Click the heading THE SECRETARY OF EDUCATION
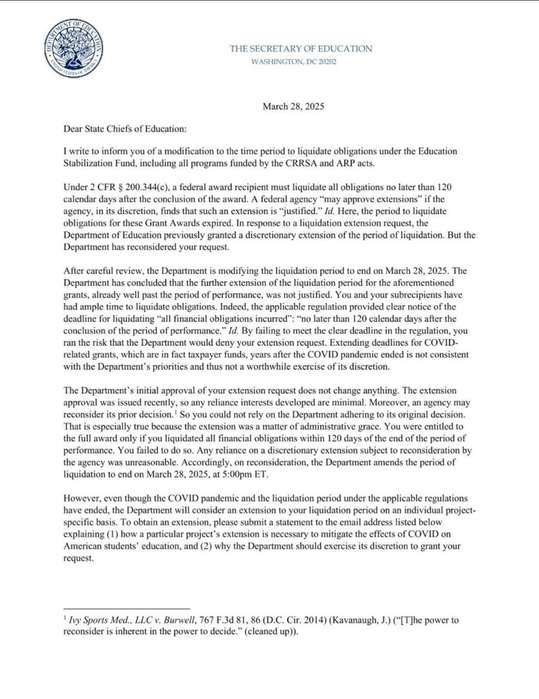(x=301, y=49)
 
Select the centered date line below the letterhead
(x=293, y=106)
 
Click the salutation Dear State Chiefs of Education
(x=125, y=129)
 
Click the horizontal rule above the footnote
(x=127, y=608)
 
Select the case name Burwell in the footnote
(x=180, y=620)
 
